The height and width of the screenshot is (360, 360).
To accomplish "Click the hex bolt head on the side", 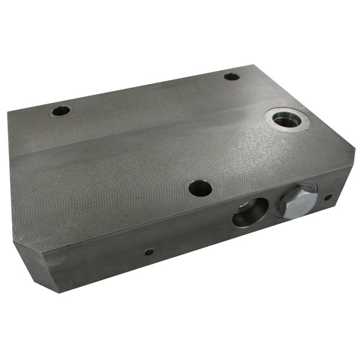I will pos(297,201).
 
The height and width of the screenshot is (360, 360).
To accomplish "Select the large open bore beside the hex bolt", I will pos(250,212).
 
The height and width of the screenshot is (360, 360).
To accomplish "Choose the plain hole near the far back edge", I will pos(231,77).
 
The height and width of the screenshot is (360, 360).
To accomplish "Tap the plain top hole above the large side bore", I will pos(200,188).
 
